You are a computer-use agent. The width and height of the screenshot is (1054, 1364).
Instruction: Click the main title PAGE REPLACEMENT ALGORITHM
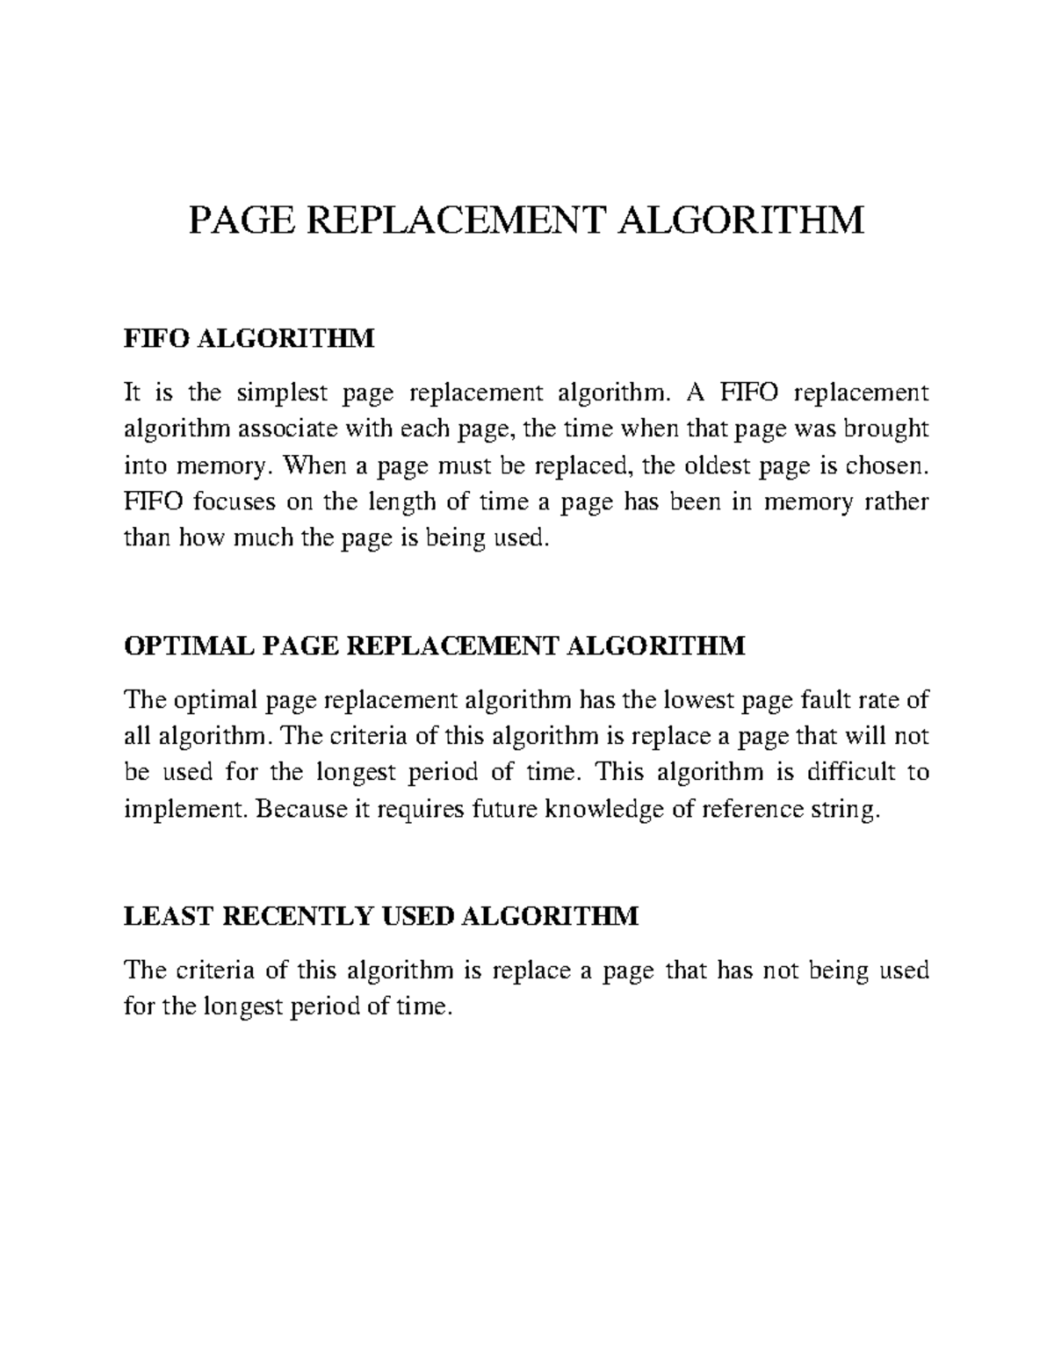[x=527, y=220]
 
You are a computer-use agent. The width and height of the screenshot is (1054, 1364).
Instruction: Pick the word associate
[x=279, y=429]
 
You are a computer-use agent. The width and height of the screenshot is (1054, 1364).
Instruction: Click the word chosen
[x=890, y=465]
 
